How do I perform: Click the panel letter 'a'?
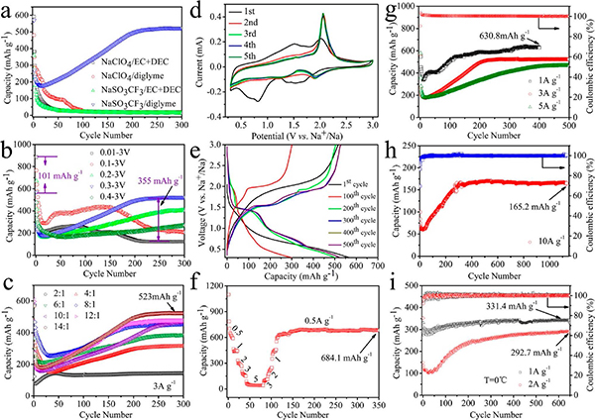[9, 11]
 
